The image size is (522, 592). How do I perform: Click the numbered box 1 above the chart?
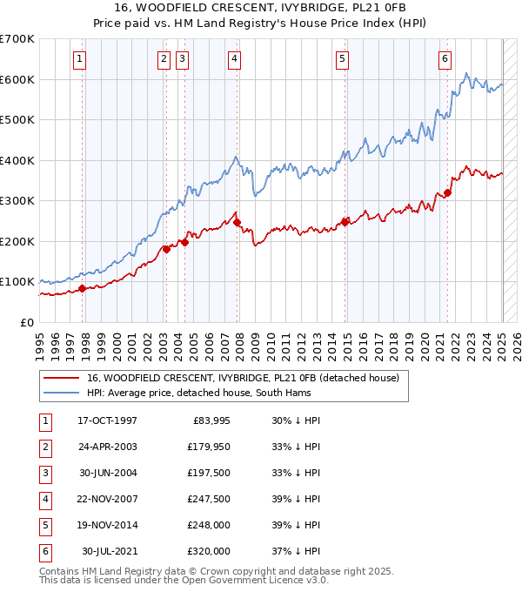click(79, 59)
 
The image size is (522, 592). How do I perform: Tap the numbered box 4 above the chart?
click(235, 59)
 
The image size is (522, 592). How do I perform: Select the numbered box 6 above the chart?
click(445, 59)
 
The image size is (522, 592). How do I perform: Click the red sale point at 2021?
click(448, 193)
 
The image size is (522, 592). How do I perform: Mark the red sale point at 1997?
click(82, 288)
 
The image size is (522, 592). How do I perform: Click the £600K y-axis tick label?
click(17, 79)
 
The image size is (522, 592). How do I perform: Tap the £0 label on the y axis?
click(26, 322)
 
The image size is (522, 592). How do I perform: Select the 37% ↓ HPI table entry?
click(297, 551)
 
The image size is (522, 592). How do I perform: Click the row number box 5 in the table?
click(43, 525)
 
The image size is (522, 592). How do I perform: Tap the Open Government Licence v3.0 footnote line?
click(184, 580)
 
